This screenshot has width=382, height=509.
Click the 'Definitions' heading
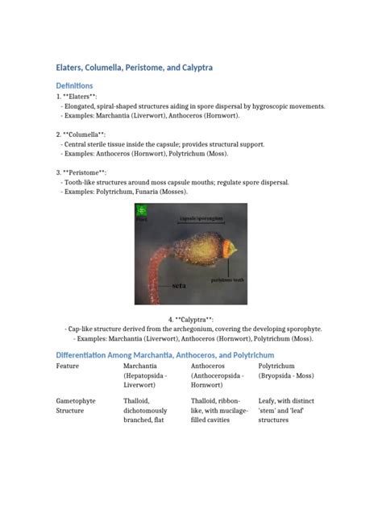(75, 85)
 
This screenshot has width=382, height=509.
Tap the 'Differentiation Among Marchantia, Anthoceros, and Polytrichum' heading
(165, 354)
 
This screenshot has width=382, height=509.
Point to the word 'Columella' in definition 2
(86, 134)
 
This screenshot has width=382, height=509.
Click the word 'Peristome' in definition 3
(86, 172)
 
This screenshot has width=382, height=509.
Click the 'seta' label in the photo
(180, 285)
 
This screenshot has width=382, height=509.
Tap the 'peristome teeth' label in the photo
(225, 279)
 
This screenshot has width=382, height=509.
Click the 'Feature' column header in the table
(68, 366)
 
